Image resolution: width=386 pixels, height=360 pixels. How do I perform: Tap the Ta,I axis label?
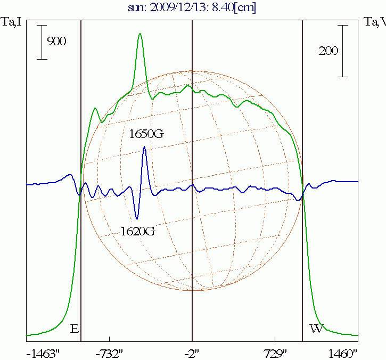tap(12, 22)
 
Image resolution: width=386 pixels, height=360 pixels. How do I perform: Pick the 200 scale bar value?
tap(328, 51)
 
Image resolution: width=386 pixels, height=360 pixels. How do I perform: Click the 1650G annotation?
tap(146, 134)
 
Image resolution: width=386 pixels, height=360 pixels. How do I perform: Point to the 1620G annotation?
tap(138, 232)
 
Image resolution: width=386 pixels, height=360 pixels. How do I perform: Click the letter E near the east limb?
tap(75, 329)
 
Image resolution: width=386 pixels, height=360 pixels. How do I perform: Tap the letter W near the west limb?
tap(316, 329)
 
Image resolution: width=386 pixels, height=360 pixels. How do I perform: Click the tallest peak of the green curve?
tap(140, 34)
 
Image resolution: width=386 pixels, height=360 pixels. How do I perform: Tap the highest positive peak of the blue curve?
tap(144, 148)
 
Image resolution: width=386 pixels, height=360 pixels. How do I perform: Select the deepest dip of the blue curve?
tap(137, 218)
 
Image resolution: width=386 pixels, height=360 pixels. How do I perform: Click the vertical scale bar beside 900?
tap(42, 42)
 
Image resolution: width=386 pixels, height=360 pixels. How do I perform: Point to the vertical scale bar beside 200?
tap(343, 51)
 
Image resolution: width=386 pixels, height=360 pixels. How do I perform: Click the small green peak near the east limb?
tap(95, 109)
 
